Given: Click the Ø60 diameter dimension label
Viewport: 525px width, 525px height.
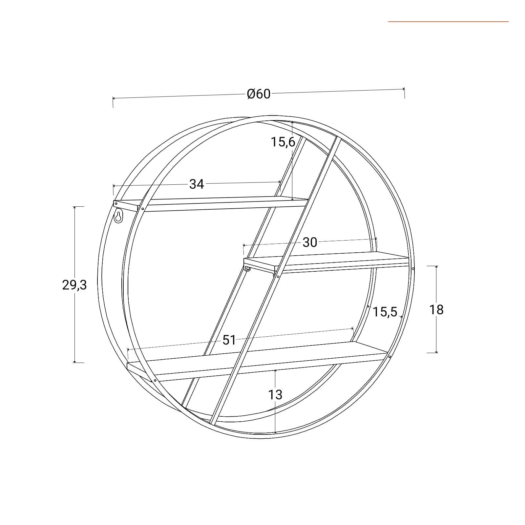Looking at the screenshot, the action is point(259,94).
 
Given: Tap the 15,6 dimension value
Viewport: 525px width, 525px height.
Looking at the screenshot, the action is point(283,142).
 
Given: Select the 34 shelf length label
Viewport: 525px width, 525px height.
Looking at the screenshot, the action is point(197,184).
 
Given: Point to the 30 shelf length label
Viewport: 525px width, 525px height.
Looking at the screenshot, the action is point(310,242).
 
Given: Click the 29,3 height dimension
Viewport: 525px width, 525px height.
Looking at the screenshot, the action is point(74,285).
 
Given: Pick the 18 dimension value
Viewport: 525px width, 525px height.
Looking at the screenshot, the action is point(436,309).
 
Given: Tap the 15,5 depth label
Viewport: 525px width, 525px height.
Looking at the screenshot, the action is point(385,312).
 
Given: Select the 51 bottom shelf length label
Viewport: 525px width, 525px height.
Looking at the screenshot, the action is point(229,340).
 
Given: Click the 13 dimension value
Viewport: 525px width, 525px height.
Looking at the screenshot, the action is point(275,395).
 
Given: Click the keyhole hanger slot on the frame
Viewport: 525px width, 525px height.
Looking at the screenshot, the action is point(118,217).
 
